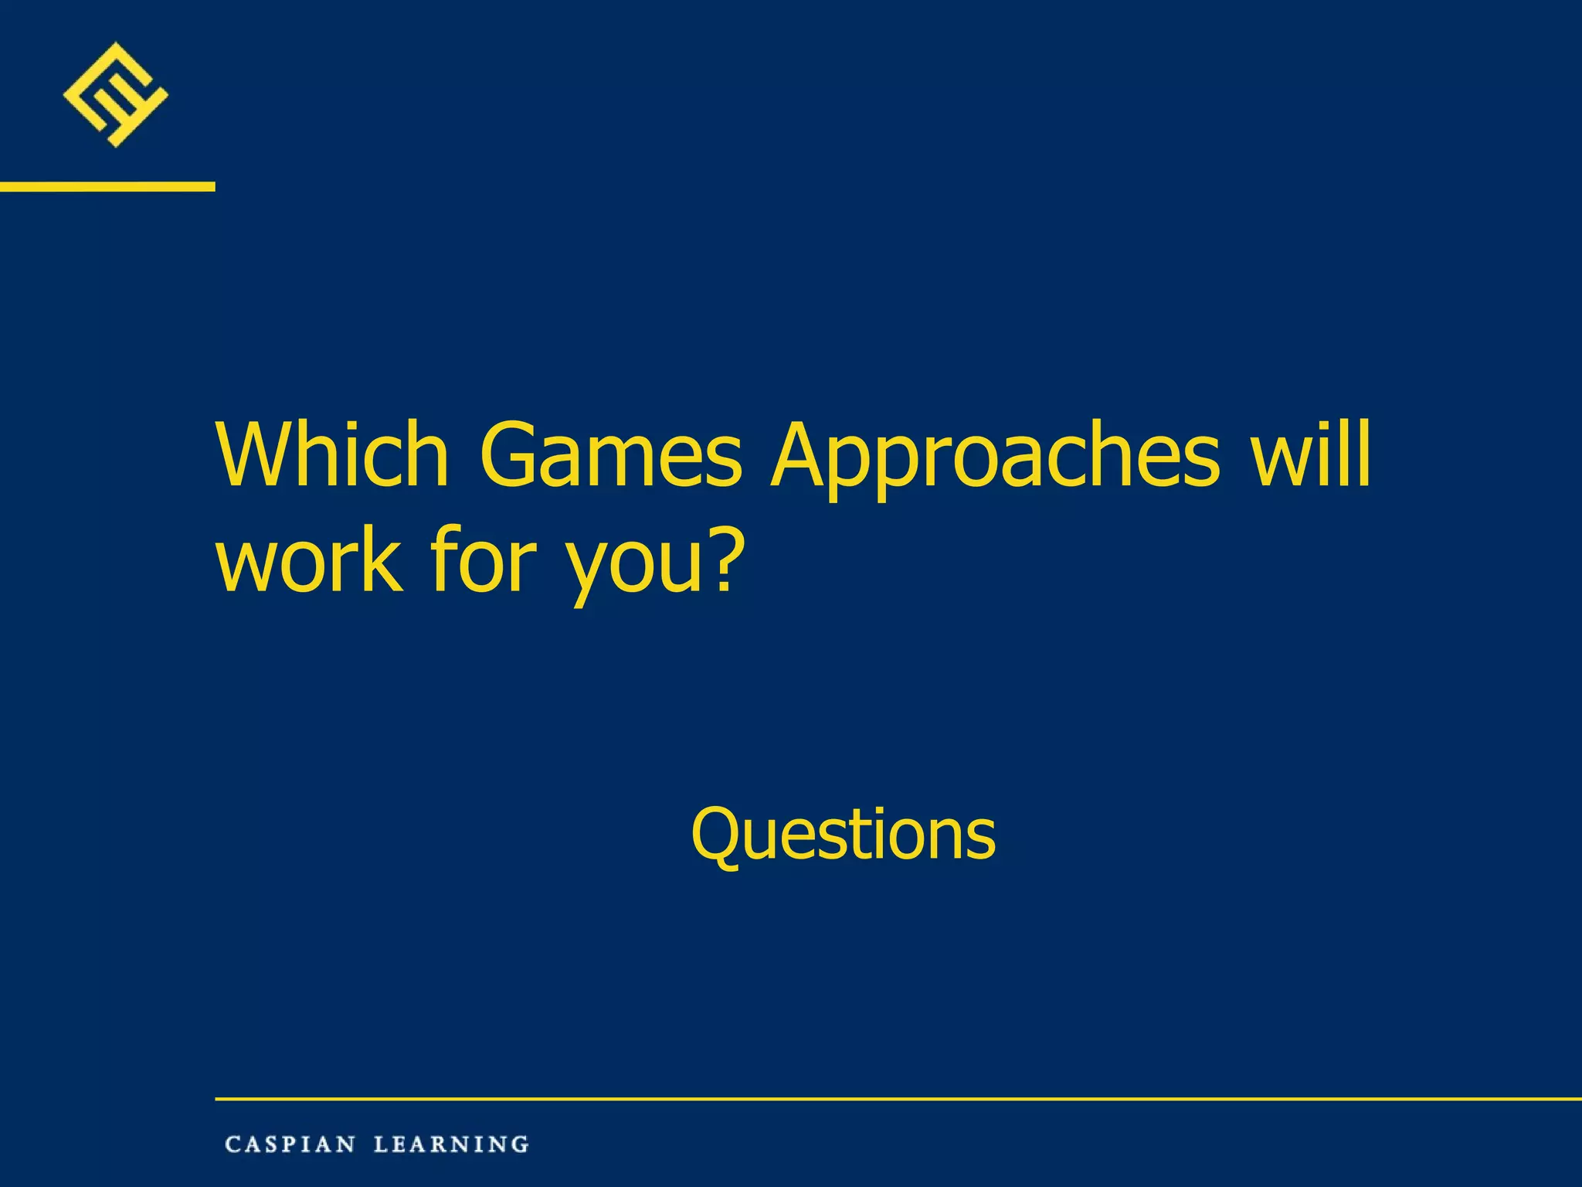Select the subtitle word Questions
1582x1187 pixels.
tap(843, 835)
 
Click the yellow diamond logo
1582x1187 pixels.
tap(115, 94)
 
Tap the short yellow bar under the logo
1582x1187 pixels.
tap(107, 186)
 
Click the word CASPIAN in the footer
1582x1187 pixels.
tap(290, 1144)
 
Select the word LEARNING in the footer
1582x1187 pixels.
tap(451, 1144)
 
